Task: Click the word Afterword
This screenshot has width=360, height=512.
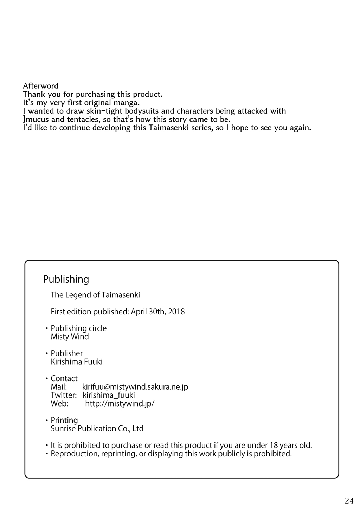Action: pyautogui.click(x=41, y=86)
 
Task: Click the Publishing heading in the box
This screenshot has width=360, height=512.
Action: pyautogui.click(x=66, y=279)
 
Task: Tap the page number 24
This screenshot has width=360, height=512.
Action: pyautogui.click(x=349, y=500)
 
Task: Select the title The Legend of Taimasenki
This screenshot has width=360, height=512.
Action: pyautogui.click(x=95, y=295)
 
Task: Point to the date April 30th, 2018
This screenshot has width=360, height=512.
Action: pyautogui.click(x=158, y=312)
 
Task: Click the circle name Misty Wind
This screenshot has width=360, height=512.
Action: pyautogui.click(x=70, y=337)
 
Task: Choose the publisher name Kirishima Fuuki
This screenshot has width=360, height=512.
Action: pyautogui.click(x=77, y=361)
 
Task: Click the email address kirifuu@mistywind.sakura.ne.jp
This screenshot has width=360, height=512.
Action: pyautogui.click(x=135, y=387)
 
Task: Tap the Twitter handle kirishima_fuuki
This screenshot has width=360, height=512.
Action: pyautogui.click(x=109, y=395)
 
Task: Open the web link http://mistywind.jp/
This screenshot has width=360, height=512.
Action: pyautogui.click(x=120, y=403)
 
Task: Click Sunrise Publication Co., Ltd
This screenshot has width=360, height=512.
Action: pyautogui.click(x=97, y=429)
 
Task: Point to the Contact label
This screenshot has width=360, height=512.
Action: pyautogui.click(x=64, y=378)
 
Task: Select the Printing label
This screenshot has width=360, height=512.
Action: pyautogui.click(x=64, y=420)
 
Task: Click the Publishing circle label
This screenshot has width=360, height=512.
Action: pyautogui.click(x=79, y=328)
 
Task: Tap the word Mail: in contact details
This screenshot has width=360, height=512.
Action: pyautogui.click(x=59, y=387)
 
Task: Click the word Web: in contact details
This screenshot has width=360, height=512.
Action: pyautogui.click(x=59, y=403)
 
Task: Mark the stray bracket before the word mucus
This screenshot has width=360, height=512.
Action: pyautogui.click(x=24, y=120)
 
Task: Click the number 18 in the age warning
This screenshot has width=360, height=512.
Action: pyautogui.click(x=274, y=445)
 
